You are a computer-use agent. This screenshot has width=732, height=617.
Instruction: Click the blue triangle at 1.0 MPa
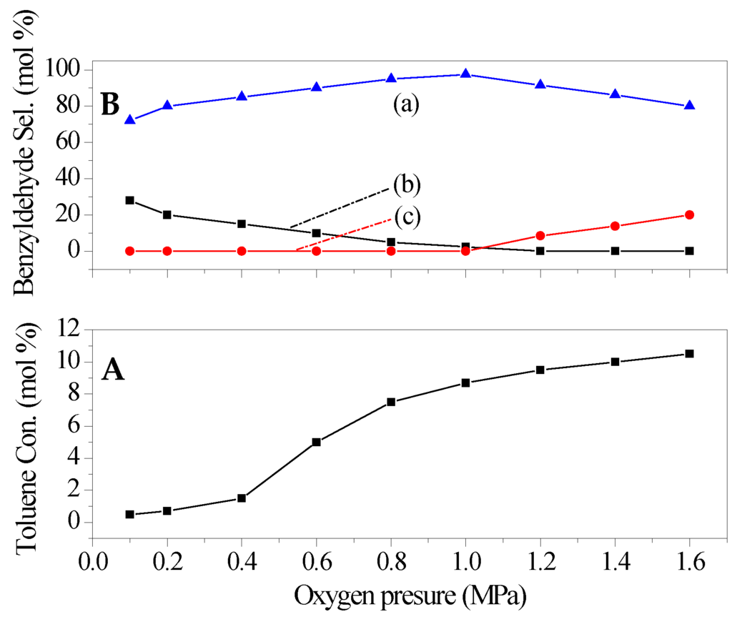click(x=465, y=74)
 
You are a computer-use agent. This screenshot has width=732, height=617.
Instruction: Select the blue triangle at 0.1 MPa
click(x=129, y=119)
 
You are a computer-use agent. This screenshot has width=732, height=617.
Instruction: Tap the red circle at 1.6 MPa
click(x=689, y=214)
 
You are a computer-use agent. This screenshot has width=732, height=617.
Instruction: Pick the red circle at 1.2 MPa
click(x=540, y=235)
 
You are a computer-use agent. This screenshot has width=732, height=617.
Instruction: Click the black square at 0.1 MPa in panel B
click(x=129, y=200)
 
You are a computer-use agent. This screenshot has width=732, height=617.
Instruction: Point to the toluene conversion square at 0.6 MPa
click(x=316, y=442)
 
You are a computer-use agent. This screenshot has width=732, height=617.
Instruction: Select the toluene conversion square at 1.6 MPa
click(x=689, y=353)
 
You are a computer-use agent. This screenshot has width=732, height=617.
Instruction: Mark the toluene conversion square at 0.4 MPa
click(x=242, y=498)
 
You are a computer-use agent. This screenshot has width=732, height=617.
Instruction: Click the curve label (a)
click(x=405, y=104)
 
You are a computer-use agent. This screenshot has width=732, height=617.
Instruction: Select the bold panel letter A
click(x=113, y=370)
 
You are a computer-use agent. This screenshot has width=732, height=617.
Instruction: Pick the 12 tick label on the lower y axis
click(x=69, y=330)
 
